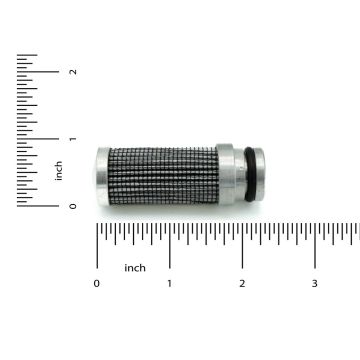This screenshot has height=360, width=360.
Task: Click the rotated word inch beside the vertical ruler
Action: point(60,171)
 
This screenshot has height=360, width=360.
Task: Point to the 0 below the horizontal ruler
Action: point(97,284)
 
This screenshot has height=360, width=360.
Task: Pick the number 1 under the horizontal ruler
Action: point(169,284)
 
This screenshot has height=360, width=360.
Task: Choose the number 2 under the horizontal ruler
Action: point(242,284)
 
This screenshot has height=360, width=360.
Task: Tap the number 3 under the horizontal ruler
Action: point(315,284)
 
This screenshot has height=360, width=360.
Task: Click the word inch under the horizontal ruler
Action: point(135,267)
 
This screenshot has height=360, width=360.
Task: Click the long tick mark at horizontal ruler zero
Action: point(97,245)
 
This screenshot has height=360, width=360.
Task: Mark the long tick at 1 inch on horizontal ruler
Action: point(169,245)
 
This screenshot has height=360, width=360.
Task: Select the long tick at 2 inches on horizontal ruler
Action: point(242,245)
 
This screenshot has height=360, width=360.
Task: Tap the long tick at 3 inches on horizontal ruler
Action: point(315,245)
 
